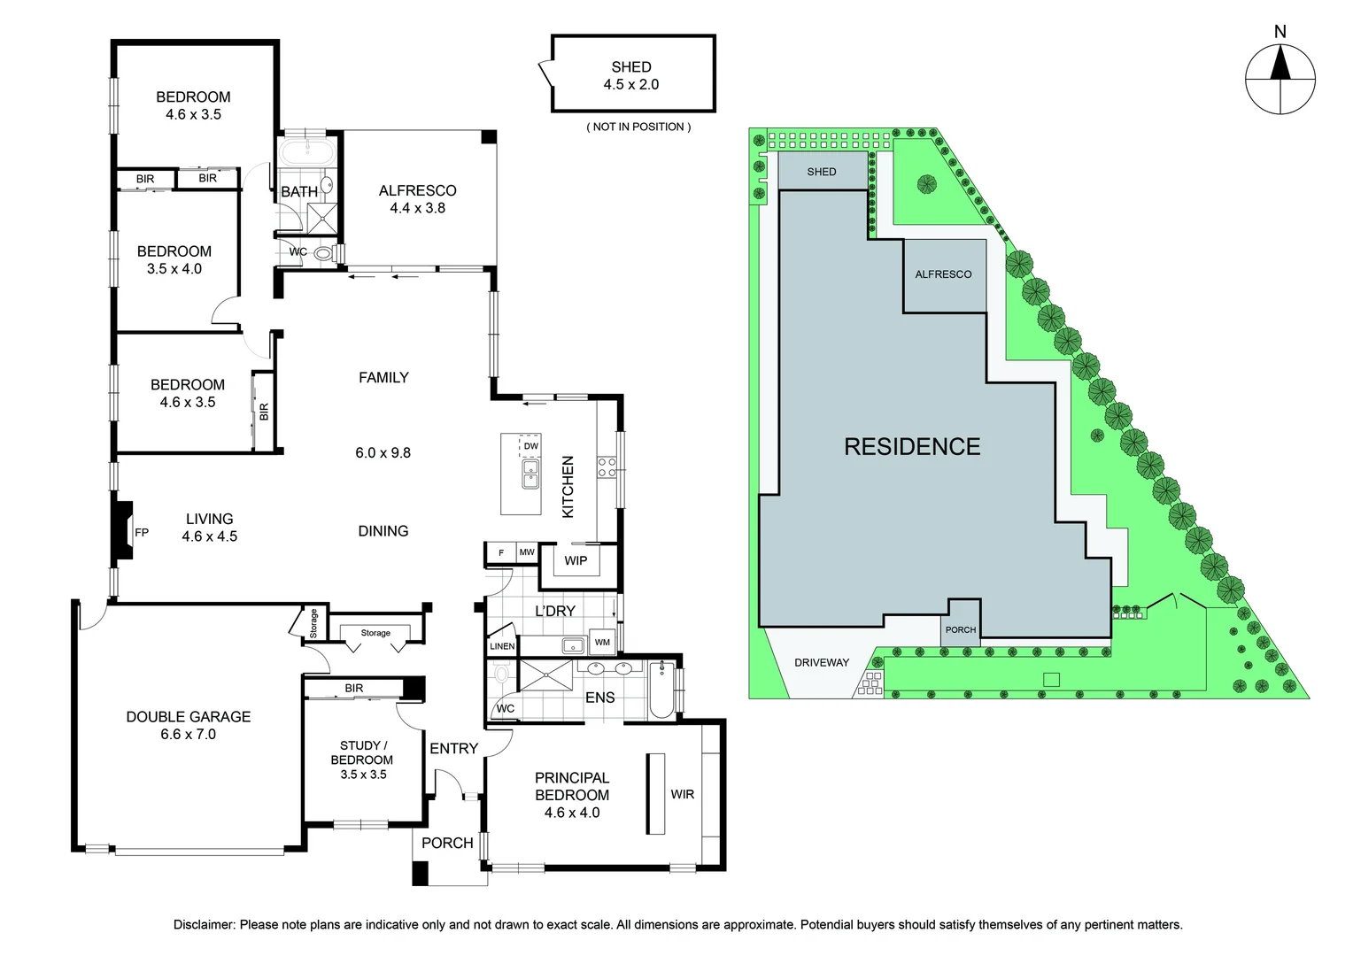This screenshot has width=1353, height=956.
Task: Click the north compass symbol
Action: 1280,79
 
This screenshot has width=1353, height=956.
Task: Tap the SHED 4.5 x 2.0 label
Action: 631,75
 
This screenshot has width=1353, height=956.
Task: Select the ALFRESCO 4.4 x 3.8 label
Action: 417,199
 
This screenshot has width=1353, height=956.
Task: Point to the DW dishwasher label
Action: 530,446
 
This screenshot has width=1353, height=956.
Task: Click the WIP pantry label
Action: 576,560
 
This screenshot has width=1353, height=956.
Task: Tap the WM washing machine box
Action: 602,642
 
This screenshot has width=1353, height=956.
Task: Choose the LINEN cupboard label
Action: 502,646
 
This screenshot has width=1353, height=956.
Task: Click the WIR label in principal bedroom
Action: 682,794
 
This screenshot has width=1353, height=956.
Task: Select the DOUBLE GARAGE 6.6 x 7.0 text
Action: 189,725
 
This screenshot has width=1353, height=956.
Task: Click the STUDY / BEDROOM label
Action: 362,752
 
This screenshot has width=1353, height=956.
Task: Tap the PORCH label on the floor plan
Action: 447,843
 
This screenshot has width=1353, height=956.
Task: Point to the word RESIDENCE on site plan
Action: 912,446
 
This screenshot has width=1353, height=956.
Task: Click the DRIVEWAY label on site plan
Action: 822,662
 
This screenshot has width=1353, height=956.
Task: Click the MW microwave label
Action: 527,552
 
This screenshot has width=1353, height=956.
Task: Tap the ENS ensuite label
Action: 599,698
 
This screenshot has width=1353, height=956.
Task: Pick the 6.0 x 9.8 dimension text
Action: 383,453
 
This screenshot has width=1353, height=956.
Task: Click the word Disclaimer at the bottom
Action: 205,925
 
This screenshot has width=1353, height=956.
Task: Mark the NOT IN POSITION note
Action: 638,127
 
